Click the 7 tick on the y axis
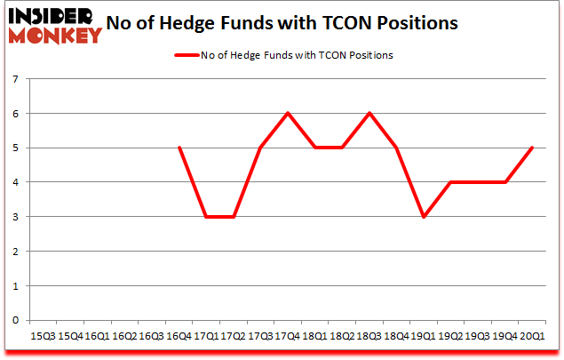pos(17,80)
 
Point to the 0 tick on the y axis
pos(17,320)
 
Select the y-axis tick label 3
pos(17,217)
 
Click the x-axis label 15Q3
pos(43,337)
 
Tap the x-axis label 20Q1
pos(533,337)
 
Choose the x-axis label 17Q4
pos(286,337)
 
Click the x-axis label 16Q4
pos(179,337)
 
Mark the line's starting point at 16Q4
pos(180,148)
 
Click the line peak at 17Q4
pos(288,114)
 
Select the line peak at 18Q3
pos(369,114)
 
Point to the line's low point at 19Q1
pos(424,217)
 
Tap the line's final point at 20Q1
pos(532,148)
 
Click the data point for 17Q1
pos(207,217)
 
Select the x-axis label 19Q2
pos(451,337)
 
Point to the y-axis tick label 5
pos(17,148)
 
